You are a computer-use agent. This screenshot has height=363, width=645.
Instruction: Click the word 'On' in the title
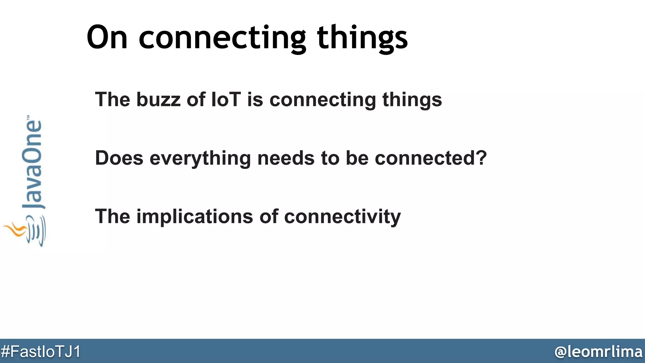[x=107, y=38]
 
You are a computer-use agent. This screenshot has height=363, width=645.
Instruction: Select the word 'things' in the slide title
[x=362, y=38]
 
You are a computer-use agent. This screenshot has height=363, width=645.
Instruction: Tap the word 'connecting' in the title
[x=222, y=38]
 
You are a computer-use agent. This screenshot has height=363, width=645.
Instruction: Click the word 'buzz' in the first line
[x=158, y=100]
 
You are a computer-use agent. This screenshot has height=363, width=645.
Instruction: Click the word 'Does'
[x=119, y=158]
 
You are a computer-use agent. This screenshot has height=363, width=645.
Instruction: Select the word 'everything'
[x=200, y=158]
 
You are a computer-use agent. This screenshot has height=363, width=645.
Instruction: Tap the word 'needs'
[x=286, y=158]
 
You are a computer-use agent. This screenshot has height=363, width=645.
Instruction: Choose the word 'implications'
[x=195, y=217]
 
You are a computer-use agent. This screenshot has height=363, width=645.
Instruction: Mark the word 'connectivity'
[x=342, y=217]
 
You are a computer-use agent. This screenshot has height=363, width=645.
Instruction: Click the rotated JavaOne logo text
[x=32, y=164]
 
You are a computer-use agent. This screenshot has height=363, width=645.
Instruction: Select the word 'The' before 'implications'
[x=112, y=216]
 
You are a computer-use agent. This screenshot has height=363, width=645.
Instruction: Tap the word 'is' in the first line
[x=255, y=100]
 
